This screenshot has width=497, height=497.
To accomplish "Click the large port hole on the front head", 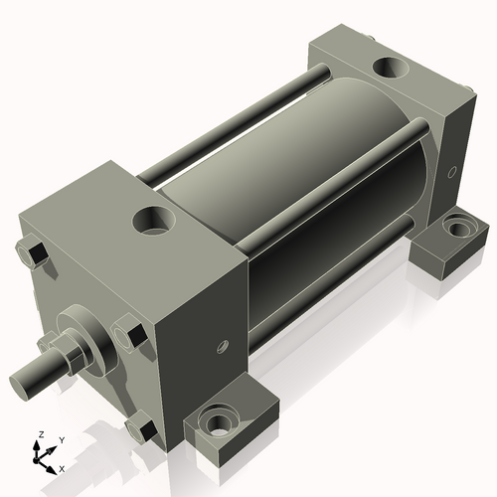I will [154, 218].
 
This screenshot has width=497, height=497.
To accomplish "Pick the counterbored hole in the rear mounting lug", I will [457, 228].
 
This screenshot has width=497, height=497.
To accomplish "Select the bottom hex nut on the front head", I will [140, 429].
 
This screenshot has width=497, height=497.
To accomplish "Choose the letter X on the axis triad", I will [62, 467].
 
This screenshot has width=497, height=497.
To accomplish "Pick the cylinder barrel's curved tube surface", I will [298, 189].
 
